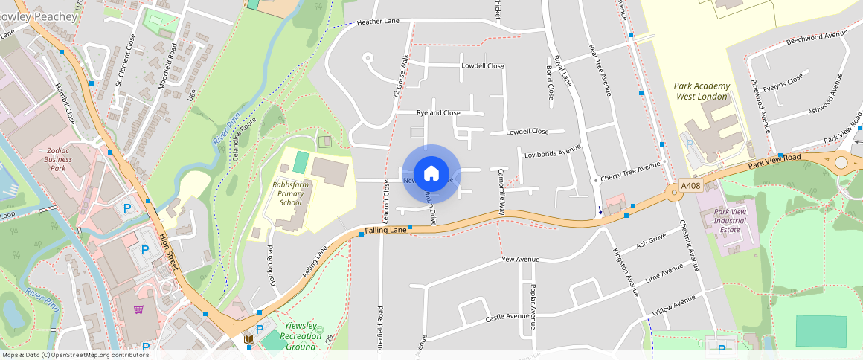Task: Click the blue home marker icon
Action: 431,174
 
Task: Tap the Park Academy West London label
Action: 702,91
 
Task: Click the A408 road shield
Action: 691,186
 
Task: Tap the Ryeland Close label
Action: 438,113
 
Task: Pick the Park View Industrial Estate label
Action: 730,221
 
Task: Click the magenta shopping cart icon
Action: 138,309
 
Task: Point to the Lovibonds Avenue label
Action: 551,150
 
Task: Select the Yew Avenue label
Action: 520,260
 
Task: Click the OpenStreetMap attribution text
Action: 74,355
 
